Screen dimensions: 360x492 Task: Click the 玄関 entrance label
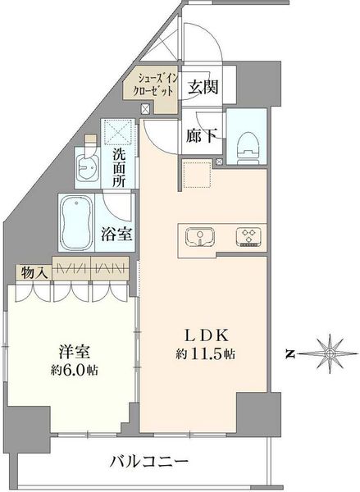(x=203, y=86)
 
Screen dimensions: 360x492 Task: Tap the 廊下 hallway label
(x=201, y=135)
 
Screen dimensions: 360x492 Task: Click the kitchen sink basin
(x=200, y=238)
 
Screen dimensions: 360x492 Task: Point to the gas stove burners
(x=248, y=237)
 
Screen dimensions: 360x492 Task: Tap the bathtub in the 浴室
(x=76, y=223)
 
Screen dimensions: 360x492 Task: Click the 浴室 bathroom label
(x=116, y=234)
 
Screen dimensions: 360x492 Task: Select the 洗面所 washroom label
(x=119, y=167)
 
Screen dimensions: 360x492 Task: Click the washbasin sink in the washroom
(x=89, y=167)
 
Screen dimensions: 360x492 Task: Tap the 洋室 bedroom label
(x=75, y=352)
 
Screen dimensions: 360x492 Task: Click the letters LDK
(x=206, y=335)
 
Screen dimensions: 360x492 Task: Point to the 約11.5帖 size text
(x=206, y=354)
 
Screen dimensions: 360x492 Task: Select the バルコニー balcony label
(x=149, y=461)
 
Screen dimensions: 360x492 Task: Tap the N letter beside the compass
(x=290, y=354)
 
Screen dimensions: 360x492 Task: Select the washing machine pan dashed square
(x=118, y=132)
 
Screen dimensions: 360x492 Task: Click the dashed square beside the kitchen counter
(x=197, y=174)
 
